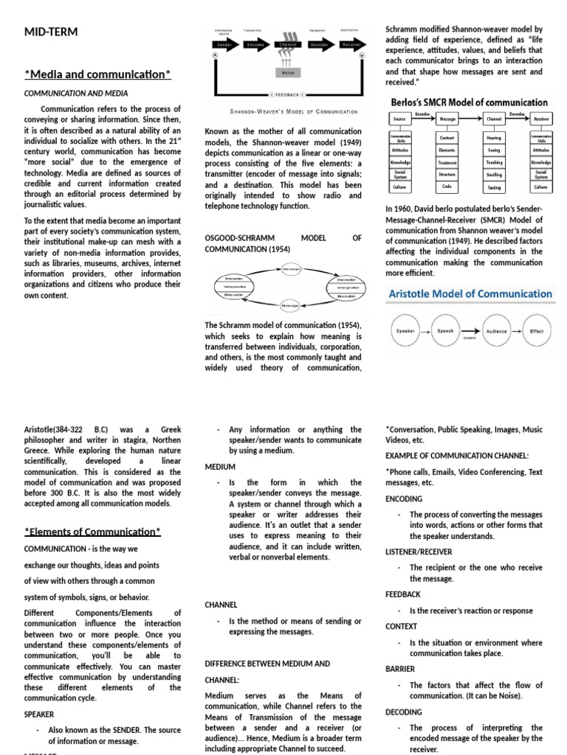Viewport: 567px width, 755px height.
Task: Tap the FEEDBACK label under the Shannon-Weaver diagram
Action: coord(286,95)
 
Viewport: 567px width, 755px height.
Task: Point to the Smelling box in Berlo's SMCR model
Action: coord(494,174)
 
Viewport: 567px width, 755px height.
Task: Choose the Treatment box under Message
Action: coord(447,161)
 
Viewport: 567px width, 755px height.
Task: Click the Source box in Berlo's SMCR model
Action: coord(399,119)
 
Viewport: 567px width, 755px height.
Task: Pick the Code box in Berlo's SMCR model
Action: coord(447,187)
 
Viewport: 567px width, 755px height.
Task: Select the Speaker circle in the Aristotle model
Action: coord(405,332)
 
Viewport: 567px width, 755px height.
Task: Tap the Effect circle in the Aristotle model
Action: coord(536,332)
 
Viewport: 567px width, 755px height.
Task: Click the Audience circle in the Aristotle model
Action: coord(496,332)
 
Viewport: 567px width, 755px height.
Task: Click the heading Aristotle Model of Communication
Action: coord(470,293)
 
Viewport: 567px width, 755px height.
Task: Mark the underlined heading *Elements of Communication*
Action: coord(92,531)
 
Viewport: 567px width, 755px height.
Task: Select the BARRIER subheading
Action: coord(401,669)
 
